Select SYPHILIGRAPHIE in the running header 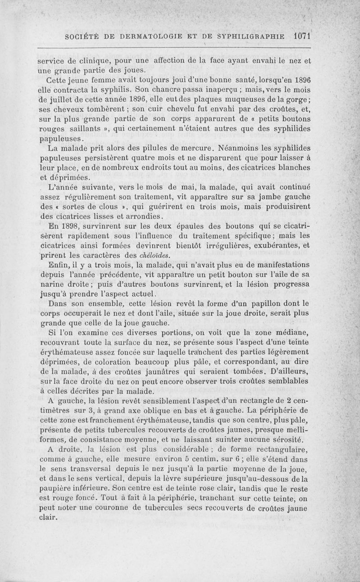(x=245, y=37)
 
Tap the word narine (x=49, y=284)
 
